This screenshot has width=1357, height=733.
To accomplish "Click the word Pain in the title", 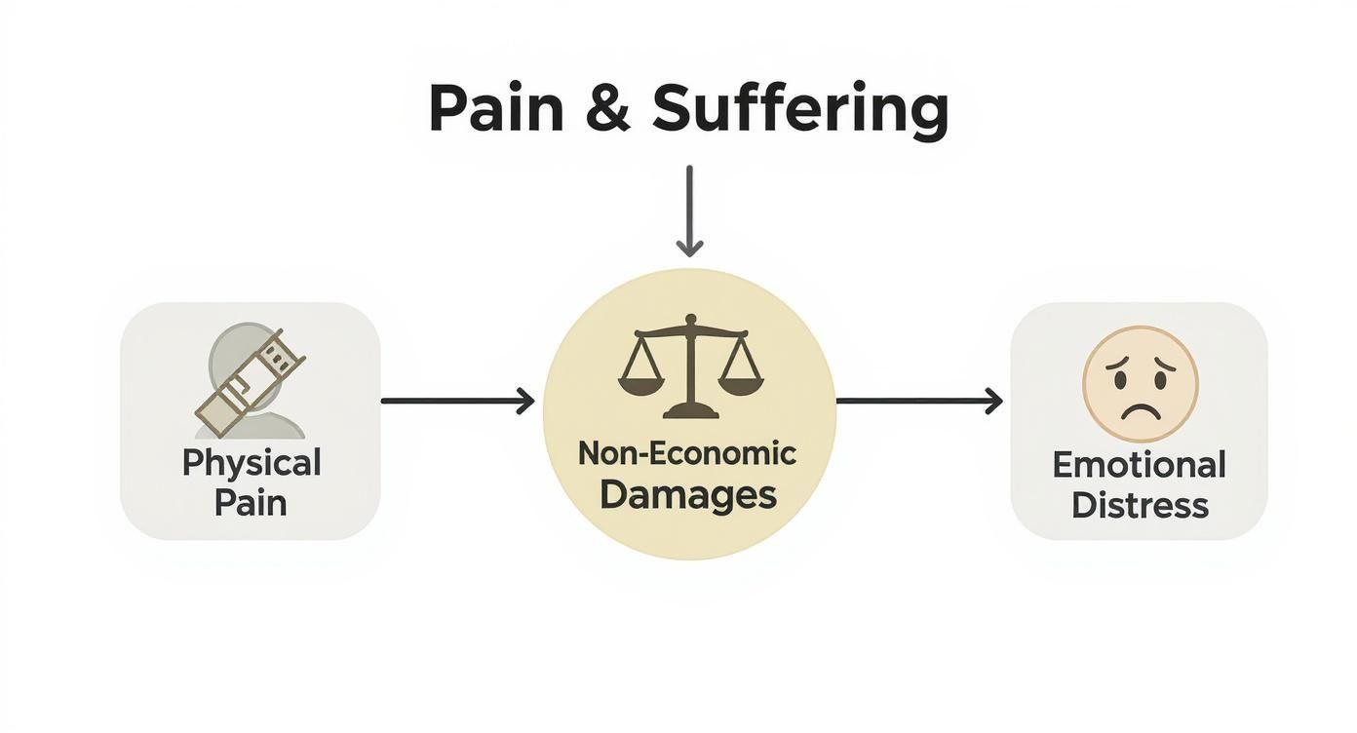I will (495, 109).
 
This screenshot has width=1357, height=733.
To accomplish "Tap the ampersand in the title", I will (608, 109).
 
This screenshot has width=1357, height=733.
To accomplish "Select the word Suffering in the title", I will (799, 109).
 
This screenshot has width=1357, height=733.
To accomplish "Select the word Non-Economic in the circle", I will (687, 453).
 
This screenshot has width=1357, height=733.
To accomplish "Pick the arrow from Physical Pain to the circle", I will (457, 401).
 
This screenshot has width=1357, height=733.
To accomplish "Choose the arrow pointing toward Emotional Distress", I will (919, 401).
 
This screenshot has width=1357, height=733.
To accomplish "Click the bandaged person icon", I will (250, 384).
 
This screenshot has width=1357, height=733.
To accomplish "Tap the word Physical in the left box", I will (251, 462).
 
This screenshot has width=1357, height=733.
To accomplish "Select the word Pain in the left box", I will (251, 503).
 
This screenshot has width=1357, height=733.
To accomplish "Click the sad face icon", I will (1140, 384).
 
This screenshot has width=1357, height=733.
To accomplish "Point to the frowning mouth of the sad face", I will (1140, 408).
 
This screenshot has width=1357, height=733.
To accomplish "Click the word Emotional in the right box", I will (1139, 465).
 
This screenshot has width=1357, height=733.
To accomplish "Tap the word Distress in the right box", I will (1140, 506).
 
